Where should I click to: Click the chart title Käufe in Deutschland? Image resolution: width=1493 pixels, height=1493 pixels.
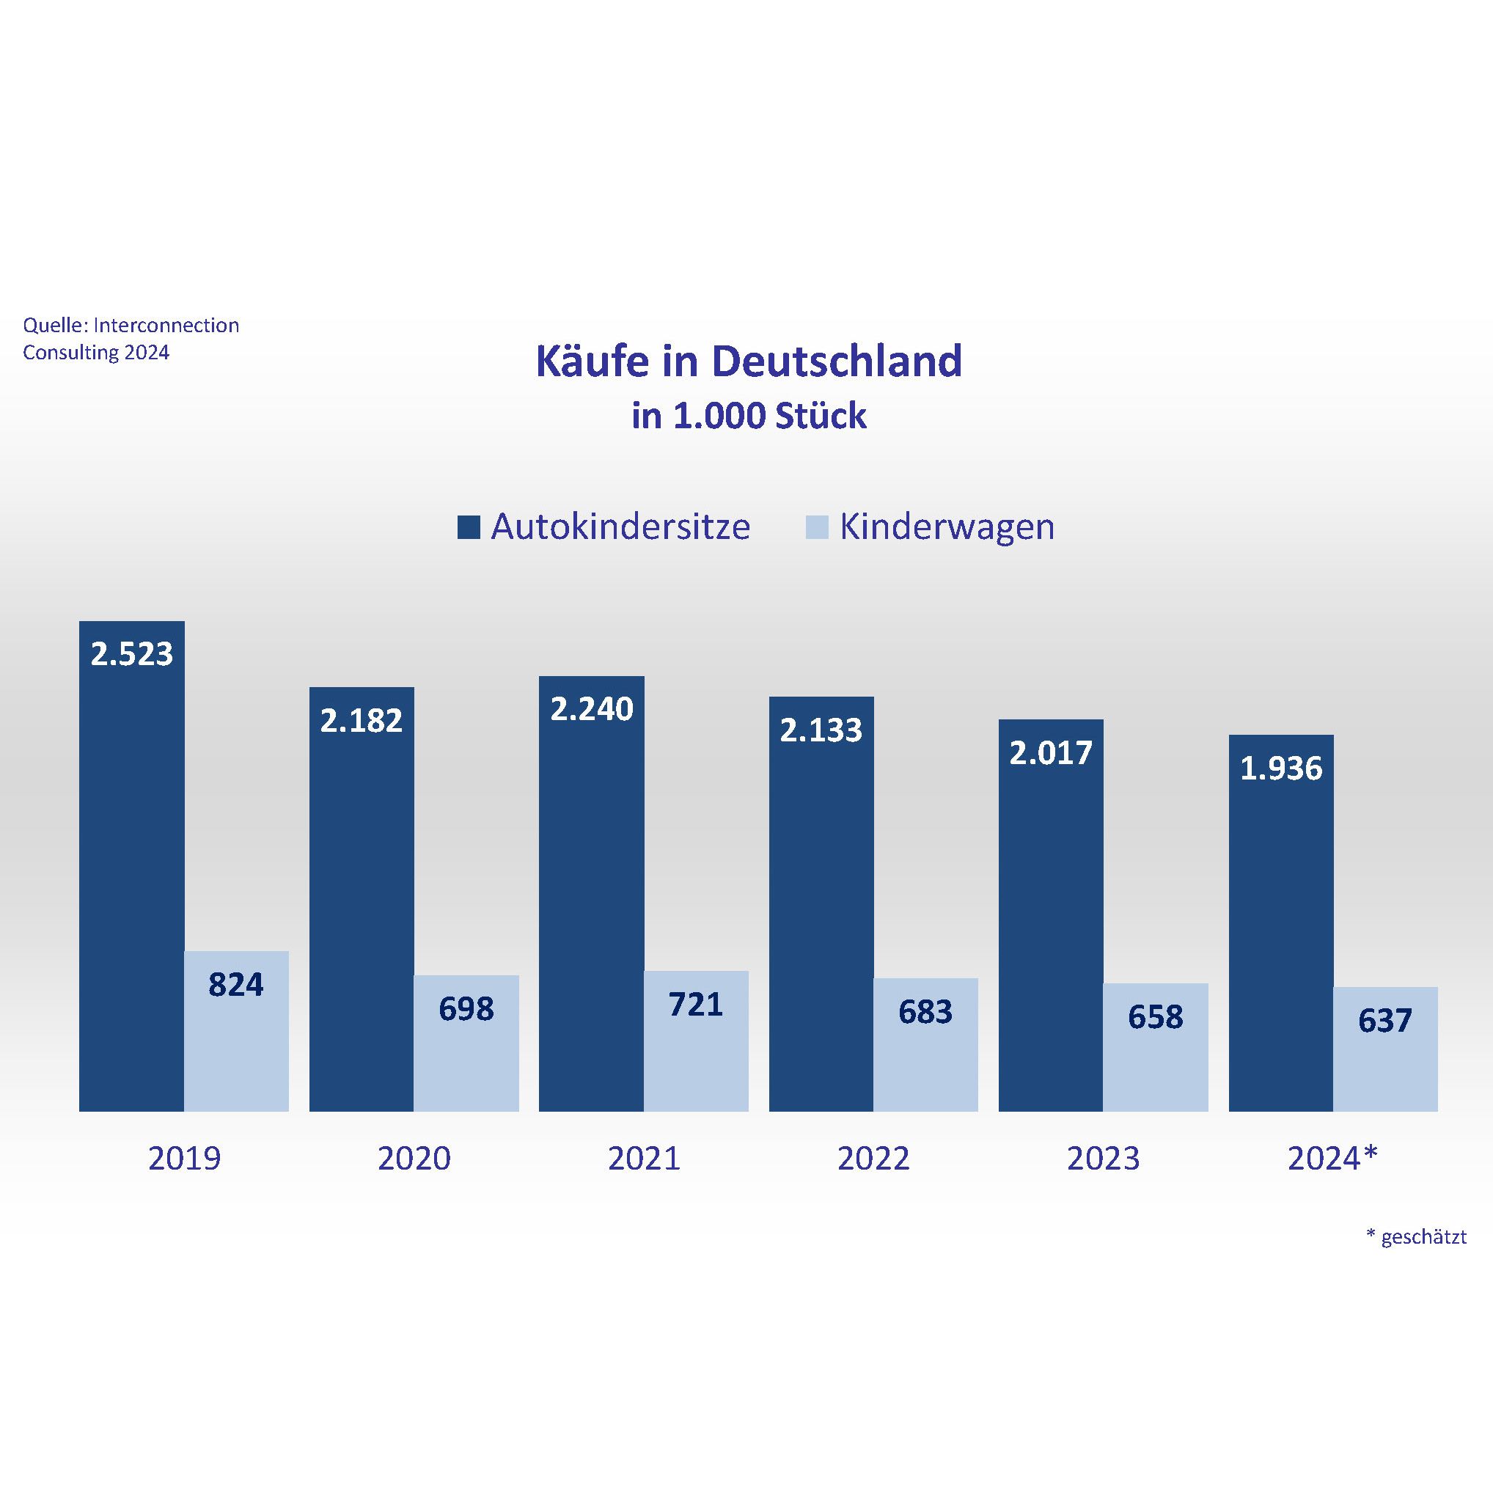click(748, 361)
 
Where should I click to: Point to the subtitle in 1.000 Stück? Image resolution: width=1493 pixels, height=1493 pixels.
click(748, 417)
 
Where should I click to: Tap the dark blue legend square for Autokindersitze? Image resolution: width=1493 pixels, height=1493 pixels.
click(469, 527)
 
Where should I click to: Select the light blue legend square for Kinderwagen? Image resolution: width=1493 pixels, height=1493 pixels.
click(817, 527)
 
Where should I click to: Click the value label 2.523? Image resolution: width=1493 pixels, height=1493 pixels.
click(131, 655)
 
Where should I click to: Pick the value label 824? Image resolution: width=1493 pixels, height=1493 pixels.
click(235, 986)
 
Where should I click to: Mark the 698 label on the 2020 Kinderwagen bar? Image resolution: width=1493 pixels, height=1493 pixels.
click(466, 1009)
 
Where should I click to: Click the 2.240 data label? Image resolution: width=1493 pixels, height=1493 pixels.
click(591, 708)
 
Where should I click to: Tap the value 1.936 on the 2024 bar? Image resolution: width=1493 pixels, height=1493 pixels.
click(1280, 768)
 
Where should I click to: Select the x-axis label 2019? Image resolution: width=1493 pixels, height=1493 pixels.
click(184, 1159)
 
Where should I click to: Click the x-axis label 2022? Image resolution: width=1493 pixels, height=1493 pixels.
click(873, 1159)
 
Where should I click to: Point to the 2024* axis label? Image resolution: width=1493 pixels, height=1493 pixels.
click(1332, 1159)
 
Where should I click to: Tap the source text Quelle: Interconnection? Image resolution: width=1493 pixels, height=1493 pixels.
click(131, 326)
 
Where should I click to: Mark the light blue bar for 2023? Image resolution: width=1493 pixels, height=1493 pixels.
click(1155, 1071)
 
